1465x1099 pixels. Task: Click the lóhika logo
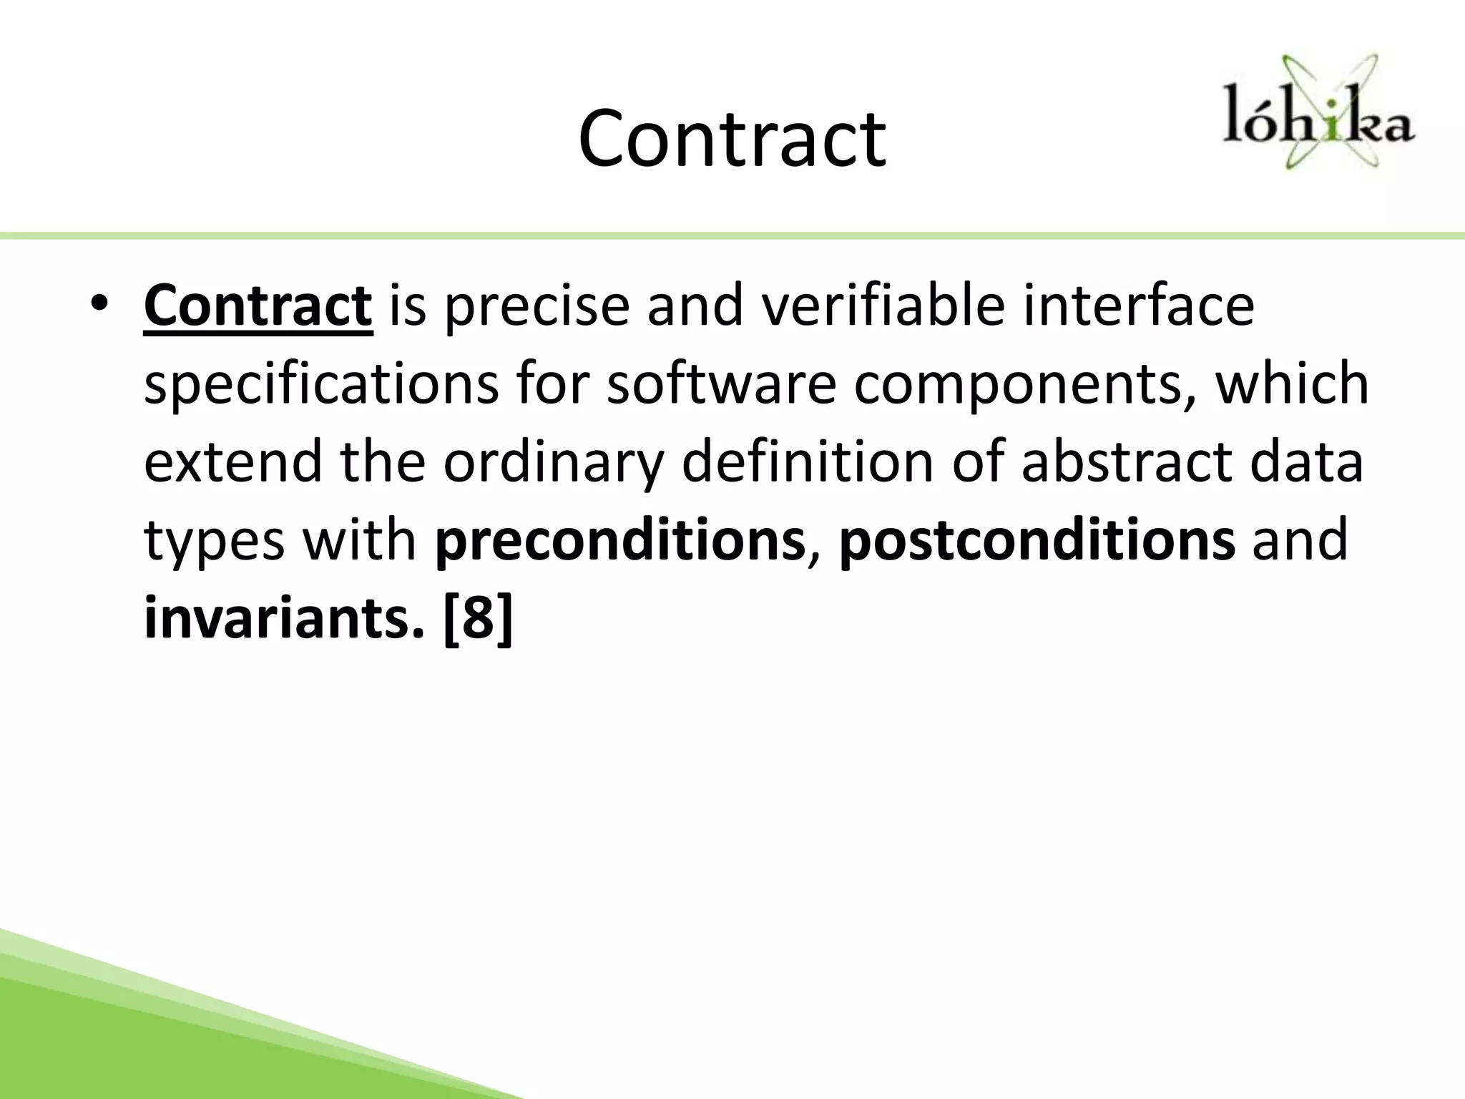pyautogui.click(x=1318, y=114)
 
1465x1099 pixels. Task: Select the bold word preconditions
pyautogui.click(x=619, y=542)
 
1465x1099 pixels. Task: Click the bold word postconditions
pyautogui.click(x=1037, y=542)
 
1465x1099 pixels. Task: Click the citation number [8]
pyautogui.click(x=478, y=620)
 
